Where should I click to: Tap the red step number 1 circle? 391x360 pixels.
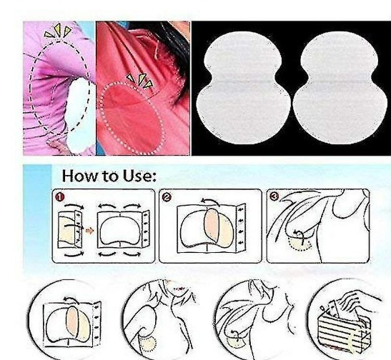pyautogui.click(x=60, y=197)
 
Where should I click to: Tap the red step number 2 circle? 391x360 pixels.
pyautogui.click(x=167, y=197)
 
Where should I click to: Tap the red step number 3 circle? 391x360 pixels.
pyautogui.click(x=274, y=197)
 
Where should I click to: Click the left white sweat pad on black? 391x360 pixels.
pyautogui.click(x=244, y=88)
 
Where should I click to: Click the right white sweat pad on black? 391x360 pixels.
pyautogui.click(x=340, y=88)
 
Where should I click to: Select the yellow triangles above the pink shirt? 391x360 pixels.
pyautogui.click(x=58, y=31)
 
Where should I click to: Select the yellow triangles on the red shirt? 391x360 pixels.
pyautogui.click(x=140, y=80)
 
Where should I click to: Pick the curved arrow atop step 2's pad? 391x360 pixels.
pyautogui.click(x=210, y=201)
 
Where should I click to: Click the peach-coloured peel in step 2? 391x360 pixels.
pyautogui.click(x=212, y=226)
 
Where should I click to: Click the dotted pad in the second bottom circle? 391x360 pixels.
pyautogui.click(x=148, y=344)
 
